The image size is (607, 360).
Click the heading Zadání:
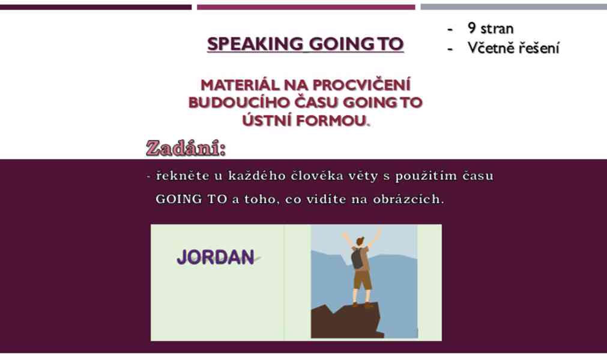[x=186, y=148]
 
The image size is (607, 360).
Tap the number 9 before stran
[x=471, y=28]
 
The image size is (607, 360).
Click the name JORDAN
[x=216, y=257]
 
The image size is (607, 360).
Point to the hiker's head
[x=360, y=241]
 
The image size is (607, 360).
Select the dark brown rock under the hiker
[x=346, y=322]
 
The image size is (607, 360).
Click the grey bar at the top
[x=514, y=7]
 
